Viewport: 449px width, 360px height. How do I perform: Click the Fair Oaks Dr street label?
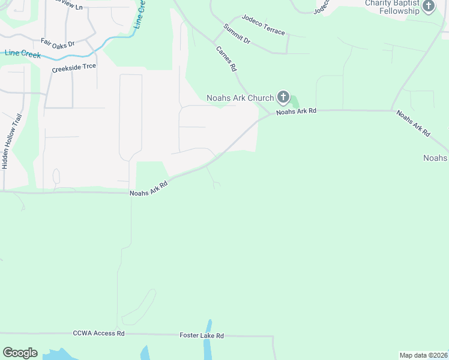58,44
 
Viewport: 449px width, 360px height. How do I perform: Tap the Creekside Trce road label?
74,67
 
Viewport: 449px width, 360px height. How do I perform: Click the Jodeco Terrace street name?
263,26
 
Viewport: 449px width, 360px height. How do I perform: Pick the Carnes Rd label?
226,59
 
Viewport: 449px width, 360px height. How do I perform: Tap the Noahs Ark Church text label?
240,98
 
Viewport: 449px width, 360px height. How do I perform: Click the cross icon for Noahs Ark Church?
283,97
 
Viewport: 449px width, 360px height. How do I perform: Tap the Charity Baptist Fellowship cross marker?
428,7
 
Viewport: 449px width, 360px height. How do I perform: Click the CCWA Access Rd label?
98,333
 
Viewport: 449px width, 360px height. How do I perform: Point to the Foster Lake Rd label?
202,335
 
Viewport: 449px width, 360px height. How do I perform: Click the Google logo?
20,353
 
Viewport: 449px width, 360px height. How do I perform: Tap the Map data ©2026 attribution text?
423,355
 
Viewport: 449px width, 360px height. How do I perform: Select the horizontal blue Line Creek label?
23,53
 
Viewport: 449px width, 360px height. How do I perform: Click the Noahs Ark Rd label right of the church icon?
296,112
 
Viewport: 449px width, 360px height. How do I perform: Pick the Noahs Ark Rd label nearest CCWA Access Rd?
148,188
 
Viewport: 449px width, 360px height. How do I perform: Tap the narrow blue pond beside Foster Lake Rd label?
208,345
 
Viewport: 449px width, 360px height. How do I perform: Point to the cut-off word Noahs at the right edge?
436,158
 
